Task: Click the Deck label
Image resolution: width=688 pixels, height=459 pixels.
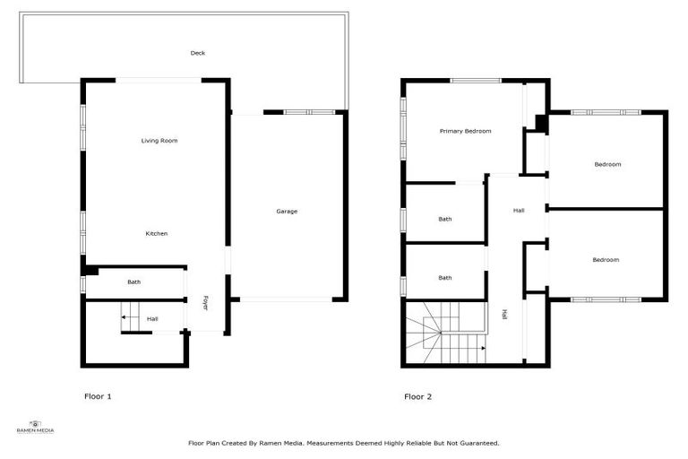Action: pyautogui.click(x=198, y=53)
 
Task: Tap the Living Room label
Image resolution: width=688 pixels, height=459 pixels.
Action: pyautogui.click(x=159, y=141)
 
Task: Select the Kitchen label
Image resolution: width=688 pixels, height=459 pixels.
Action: pyautogui.click(x=157, y=234)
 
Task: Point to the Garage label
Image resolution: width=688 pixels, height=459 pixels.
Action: pyautogui.click(x=287, y=212)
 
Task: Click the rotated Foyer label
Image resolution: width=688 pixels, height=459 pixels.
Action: pyautogui.click(x=205, y=303)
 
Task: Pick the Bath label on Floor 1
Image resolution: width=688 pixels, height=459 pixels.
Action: pyautogui.click(x=133, y=282)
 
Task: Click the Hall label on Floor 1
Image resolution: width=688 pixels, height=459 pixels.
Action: pyautogui.click(x=152, y=318)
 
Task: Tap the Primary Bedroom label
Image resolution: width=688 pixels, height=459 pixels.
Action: pyautogui.click(x=465, y=132)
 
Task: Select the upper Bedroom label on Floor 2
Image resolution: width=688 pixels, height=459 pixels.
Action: pyautogui.click(x=607, y=164)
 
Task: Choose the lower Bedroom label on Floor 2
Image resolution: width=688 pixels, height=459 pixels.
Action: pyautogui.click(x=606, y=260)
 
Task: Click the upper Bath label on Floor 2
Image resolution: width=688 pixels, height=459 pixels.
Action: pyautogui.click(x=445, y=219)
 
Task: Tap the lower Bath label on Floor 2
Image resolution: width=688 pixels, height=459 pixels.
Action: pyautogui.click(x=445, y=278)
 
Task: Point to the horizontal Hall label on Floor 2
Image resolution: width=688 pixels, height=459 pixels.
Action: pyautogui.click(x=519, y=211)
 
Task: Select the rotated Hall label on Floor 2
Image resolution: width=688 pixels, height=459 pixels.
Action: pyautogui.click(x=505, y=315)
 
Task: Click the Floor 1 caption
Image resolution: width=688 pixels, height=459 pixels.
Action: pyautogui.click(x=98, y=396)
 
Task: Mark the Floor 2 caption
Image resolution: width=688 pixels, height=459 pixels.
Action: pyautogui.click(x=418, y=396)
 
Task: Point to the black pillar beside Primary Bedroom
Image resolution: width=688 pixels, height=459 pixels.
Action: pyautogui.click(x=541, y=123)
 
